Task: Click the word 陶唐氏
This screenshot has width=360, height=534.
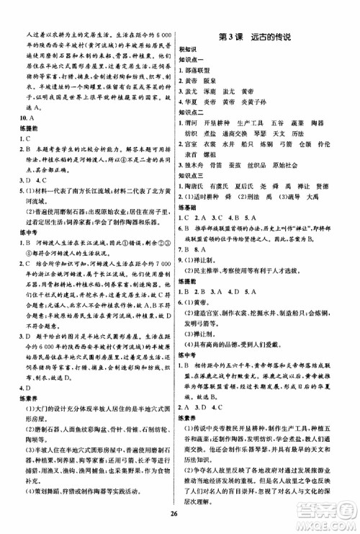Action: pos(199,185)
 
